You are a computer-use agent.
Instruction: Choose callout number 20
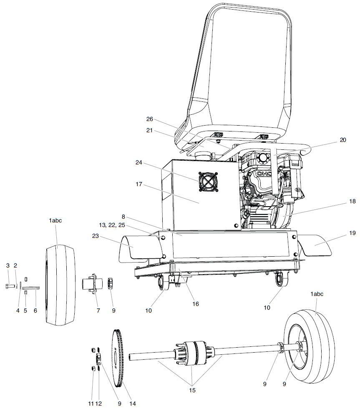click(342, 140)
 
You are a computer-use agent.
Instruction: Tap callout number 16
click(195, 304)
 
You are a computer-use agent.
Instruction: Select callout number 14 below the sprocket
click(133, 404)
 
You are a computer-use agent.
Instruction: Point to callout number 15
click(191, 391)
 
